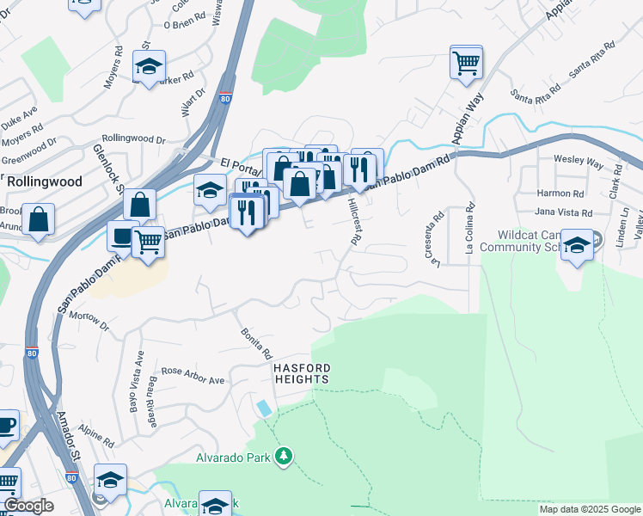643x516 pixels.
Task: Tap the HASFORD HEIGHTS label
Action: [302, 373]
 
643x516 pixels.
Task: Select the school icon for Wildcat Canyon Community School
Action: [578, 246]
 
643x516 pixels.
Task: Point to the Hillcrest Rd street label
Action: [353, 221]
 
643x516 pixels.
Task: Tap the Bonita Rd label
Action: [256, 342]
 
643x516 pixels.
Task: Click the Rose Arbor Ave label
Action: [193, 375]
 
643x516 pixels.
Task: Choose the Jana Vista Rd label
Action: [563, 212]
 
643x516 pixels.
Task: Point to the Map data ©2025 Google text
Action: [590, 509]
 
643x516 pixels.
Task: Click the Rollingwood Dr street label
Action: [133, 138]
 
